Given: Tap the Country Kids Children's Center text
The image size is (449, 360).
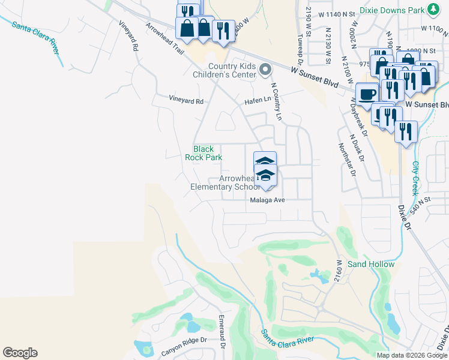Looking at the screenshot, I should click(232, 70).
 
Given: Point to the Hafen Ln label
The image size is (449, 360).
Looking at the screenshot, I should click(258, 102).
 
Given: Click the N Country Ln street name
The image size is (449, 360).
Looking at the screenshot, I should click(276, 101).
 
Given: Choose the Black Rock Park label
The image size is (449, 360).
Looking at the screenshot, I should click(203, 153).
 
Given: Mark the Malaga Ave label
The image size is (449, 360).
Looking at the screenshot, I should click(267, 201).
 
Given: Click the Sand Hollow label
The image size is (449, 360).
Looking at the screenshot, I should click(371, 264).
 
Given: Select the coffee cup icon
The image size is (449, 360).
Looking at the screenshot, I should click(367, 93).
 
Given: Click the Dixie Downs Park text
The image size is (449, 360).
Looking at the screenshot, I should click(391, 10).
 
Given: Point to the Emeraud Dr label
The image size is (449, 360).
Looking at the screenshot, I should click(221, 330).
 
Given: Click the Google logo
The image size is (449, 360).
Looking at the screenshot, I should click(20, 353).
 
